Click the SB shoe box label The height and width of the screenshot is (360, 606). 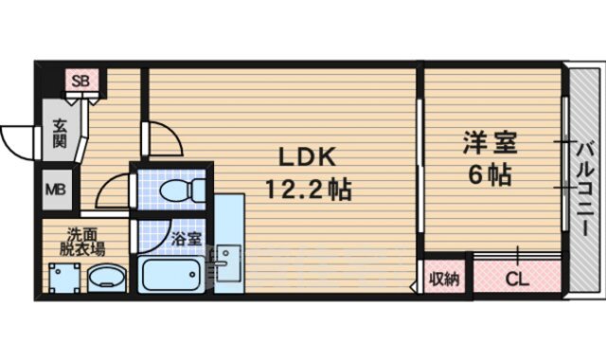click(x=79, y=81)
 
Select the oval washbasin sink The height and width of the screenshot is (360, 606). click(x=104, y=279)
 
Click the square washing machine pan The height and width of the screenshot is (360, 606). click(x=63, y=279)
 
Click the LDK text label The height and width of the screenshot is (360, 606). click(x=302, y=157)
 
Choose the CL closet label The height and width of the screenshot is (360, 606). click(x=517, y=279)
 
